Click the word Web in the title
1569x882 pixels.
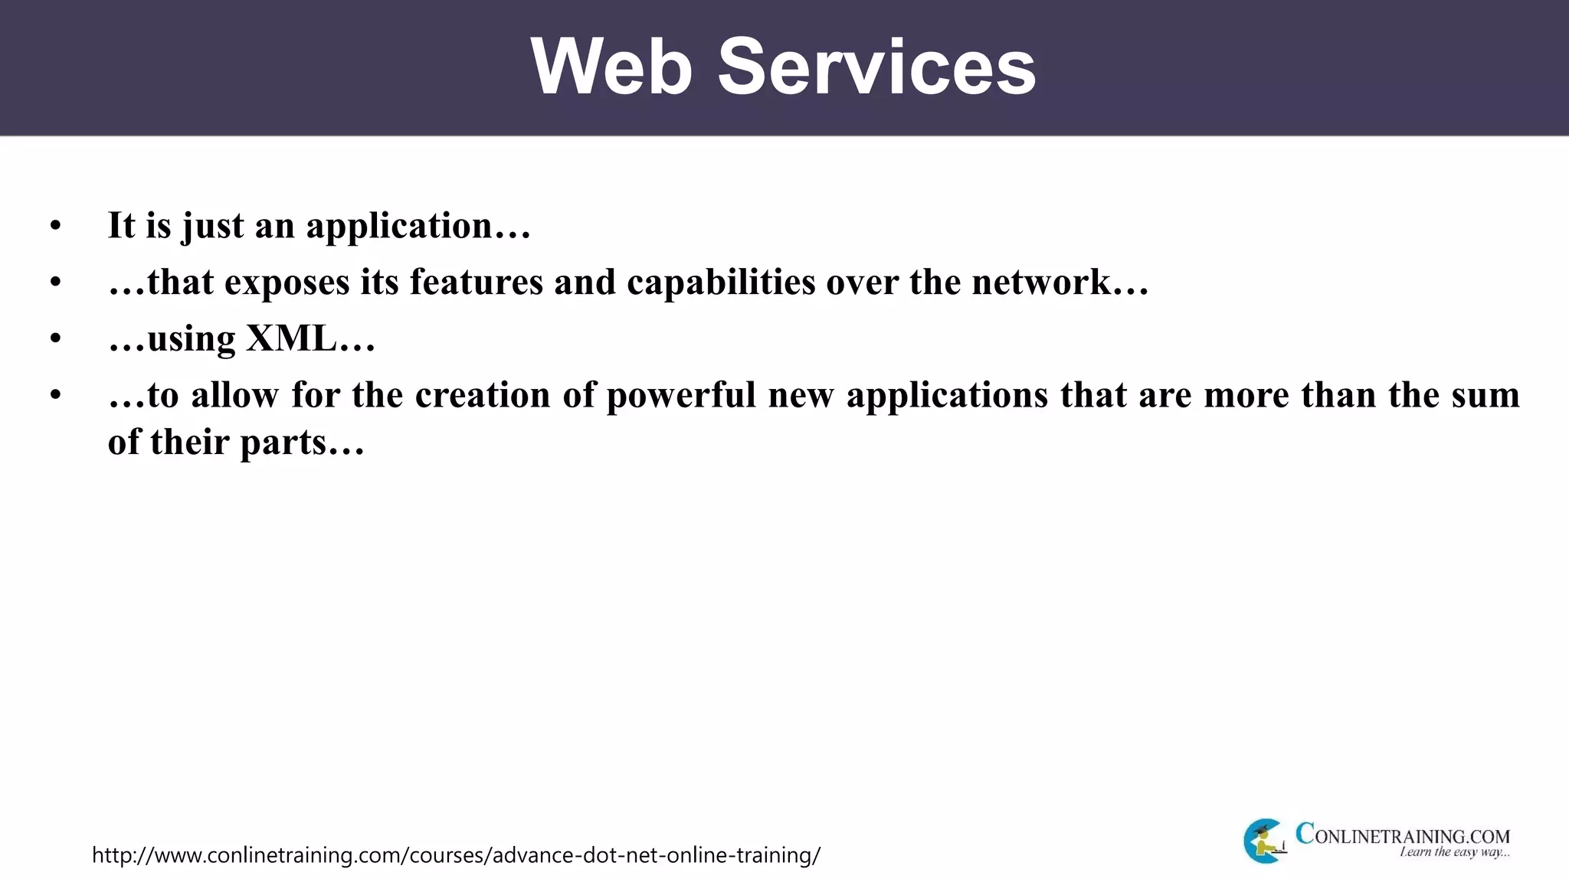click(x=611, y=67)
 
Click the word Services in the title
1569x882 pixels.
click(x=876, y=67)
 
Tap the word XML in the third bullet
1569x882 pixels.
click(x=291, y=338)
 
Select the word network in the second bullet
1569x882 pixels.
click(x=1041, y=282)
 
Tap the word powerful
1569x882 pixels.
click(x=681, y=396)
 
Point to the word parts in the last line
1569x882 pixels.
click(x=283, y=443)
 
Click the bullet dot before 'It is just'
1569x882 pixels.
click(x=55, y=227)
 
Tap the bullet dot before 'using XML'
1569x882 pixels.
click(x=55, y=339)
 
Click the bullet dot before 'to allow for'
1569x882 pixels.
click(x=55, y=396)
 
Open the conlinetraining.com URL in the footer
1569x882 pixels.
click(x=456, y=855)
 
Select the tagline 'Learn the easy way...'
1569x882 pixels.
click(x=1454, y=852)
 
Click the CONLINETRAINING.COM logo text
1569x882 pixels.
click(x=1402, y=835)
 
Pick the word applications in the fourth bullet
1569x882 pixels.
click(x=947, y=396)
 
